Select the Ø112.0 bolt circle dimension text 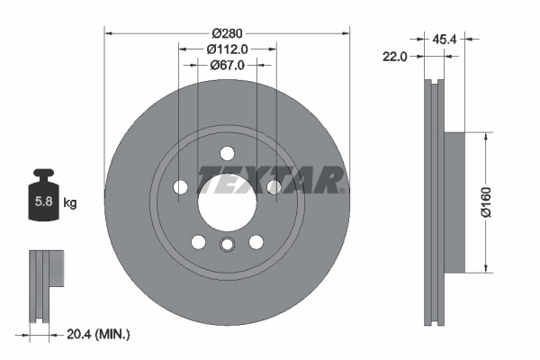[227, 49]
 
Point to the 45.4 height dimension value [444, 40]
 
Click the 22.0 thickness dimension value [395, 56]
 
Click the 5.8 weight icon [43, 200]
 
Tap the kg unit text [70, 203]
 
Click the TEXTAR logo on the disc [270, 180]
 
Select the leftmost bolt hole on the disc [180, 186]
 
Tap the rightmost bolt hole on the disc [274, 186]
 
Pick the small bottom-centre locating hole [227, 244]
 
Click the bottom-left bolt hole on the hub [198, 241]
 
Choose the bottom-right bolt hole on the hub [256, 241]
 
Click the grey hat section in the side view [454, 202]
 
